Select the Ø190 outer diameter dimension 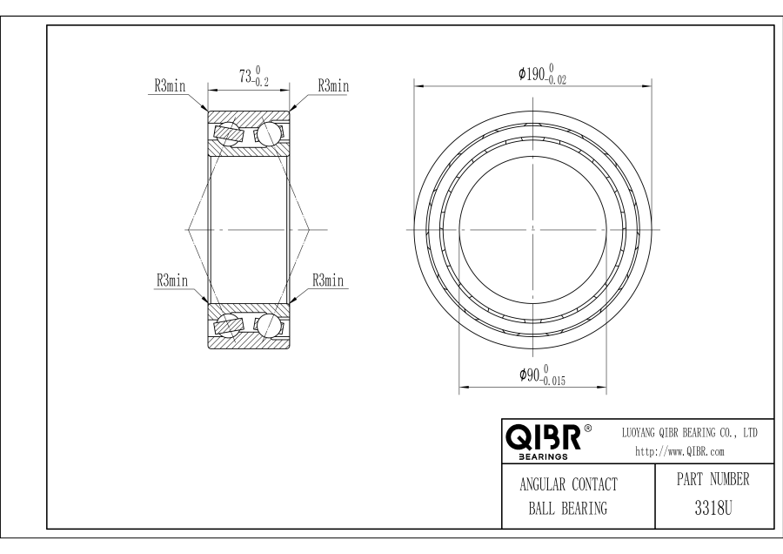(x=542, y=74)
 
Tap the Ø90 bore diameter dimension (x=542, y=375)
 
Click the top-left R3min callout (x=170, y=86)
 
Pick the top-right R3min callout (x=333, y=86)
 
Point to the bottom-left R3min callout (x=172, y=280)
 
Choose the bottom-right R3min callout (x=328, y=280)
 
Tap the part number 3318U (x=713, y=509)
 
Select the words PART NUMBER (x=713, y=479)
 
